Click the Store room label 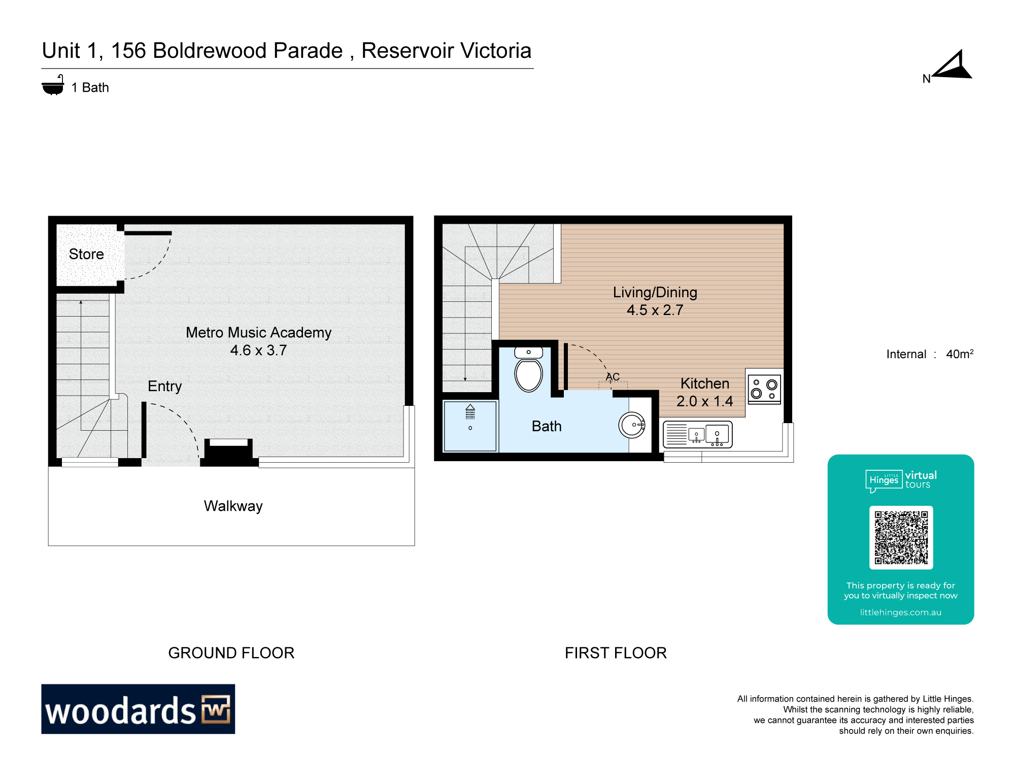coord(86,254)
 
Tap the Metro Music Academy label coord(258,332)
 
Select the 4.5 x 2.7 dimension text coord(655,310)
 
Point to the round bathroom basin coord(632,425)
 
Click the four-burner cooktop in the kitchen coord(764,389)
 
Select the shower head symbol coord(470,411)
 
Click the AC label coord(613,377)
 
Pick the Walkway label coord(233,506)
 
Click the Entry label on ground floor coord(164,386)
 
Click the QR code coord(901,537)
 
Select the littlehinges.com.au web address coord(900,612)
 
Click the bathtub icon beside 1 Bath coord(53,86)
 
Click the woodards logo coord(138,709)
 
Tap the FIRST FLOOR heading coord(616,653)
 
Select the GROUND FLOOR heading coord(231,653)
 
